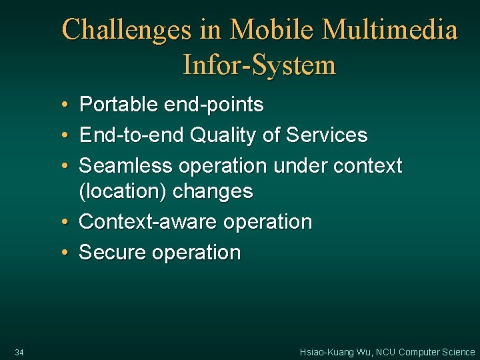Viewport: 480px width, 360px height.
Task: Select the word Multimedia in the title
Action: click(x=391, y=30)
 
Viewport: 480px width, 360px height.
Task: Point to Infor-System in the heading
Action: click(x=259, y=65)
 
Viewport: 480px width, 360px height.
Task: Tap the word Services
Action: click(x=327, y=135)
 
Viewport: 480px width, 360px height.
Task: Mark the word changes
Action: click(x=213, y=192)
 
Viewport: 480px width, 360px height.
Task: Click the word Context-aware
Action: click(x=148, y=222)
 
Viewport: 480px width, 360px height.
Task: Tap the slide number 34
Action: click(x=19, y=352)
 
